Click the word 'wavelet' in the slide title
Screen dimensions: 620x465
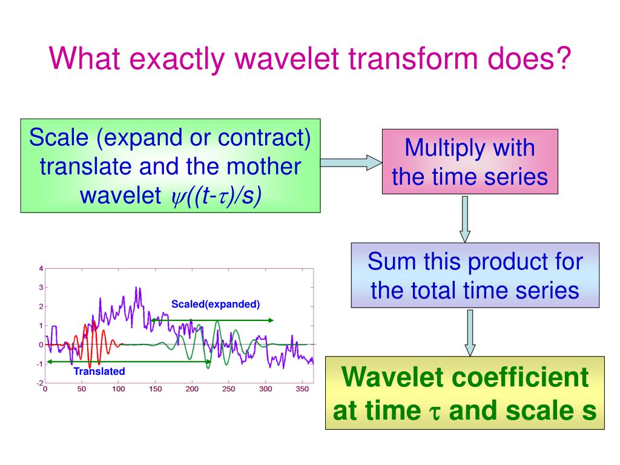(x=287, y=59)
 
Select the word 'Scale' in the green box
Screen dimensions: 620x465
(x=59, y=137)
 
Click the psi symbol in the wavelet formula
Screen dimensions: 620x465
(x=176, y=197)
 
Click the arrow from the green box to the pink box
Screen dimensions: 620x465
(x=351, y=162)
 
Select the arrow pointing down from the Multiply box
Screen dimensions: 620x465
(x=465, y=219)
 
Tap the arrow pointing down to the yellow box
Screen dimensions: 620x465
(x=470, y=332)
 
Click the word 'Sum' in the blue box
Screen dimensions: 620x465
(x=392, y=262)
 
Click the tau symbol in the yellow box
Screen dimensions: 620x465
(x=435, y=412)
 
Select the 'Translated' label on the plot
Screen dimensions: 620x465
(x=99, y=371)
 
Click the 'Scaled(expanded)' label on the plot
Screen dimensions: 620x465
(x=216, y=304)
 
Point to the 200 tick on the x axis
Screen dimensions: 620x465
(x=192, y=389)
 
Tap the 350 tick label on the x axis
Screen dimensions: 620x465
(x=302, y=389)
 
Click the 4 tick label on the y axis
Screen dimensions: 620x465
(x=41, y=269)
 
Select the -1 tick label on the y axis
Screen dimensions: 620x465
(x=39, y=364)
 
